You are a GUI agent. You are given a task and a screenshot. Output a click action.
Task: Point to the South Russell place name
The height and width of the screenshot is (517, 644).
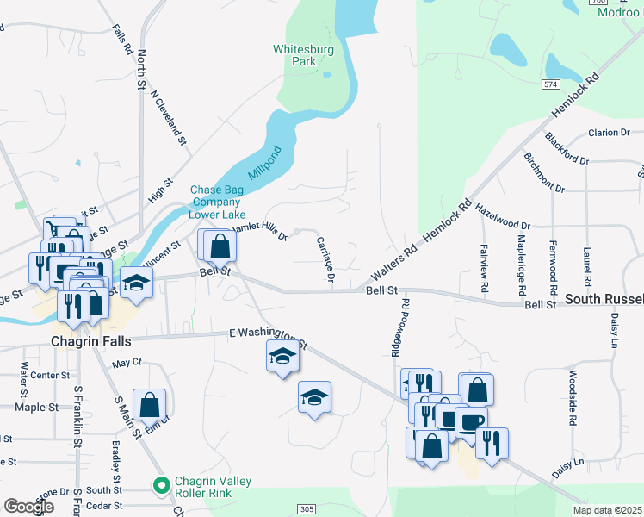[604, 300]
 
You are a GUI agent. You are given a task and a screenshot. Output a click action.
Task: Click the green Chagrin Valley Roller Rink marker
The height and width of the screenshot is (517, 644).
[160, 487]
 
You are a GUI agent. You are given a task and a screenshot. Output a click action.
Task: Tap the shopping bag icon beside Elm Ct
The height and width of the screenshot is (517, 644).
[150, 403]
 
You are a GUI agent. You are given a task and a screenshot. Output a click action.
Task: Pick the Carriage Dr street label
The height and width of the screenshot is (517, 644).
[325, 259]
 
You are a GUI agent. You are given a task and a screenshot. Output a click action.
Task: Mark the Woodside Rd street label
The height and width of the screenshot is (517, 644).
[572, 398]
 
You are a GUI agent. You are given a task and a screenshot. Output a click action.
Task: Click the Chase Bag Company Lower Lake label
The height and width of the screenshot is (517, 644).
[218, 202]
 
